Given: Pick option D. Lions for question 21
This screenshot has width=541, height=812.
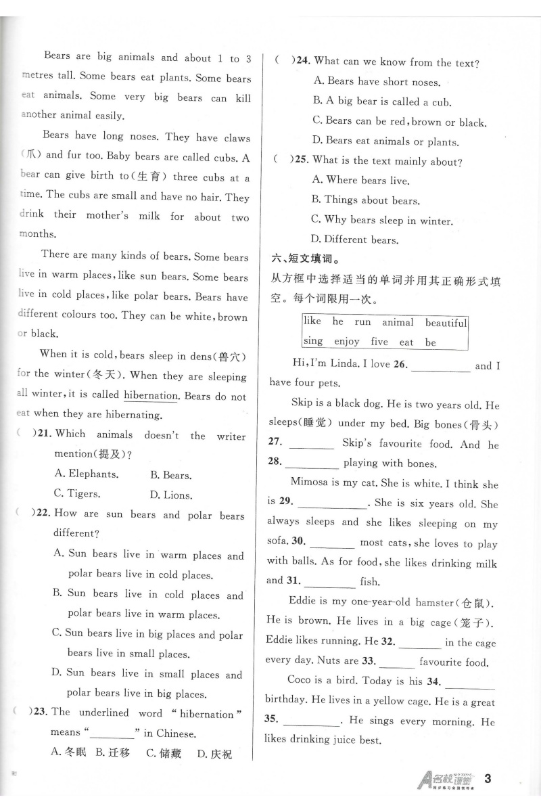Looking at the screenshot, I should coord(171,495).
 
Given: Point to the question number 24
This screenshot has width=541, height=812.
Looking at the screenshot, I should coord(301,62).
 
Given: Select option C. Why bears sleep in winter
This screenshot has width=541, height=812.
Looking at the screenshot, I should coord(381,220).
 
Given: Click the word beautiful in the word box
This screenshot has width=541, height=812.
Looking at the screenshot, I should coord(446,323).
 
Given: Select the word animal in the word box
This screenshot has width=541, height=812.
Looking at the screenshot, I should coord(398,323).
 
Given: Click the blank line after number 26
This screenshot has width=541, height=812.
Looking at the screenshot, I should coord(440,366).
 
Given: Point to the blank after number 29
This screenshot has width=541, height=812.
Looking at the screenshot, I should coord(331,503).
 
